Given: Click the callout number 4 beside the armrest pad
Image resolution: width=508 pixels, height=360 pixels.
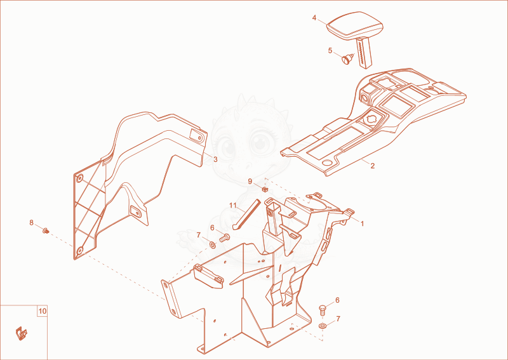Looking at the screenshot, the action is point(314,18).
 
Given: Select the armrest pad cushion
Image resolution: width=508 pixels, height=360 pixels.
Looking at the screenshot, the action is point(354,27).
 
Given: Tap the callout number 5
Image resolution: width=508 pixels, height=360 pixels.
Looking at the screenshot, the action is point(330,51).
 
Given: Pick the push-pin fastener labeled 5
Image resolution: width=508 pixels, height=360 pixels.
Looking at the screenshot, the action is point(347,59).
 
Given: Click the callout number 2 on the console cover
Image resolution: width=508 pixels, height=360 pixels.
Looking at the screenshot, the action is point(373,166).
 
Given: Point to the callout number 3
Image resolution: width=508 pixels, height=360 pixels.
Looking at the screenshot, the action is point(215,159).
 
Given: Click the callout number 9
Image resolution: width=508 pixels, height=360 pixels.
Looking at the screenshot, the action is point(250,182).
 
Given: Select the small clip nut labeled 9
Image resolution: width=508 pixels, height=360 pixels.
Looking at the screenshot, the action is point(265,189).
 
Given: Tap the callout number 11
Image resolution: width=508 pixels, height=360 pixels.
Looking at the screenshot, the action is point(233,206).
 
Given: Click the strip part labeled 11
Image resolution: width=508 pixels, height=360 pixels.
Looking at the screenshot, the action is point(246,214).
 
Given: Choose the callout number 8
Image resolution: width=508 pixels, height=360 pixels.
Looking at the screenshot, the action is point(31,223).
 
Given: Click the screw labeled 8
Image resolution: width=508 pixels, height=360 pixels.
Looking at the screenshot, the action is point(46,230).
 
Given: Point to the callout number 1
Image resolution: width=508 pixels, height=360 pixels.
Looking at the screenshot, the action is point(362,223).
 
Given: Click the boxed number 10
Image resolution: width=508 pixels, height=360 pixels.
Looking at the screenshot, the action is point(43,311).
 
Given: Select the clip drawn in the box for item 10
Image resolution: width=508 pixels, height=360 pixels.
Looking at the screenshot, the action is point(22,333).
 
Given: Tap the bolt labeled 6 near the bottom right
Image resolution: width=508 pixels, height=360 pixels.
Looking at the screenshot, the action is point(323,310).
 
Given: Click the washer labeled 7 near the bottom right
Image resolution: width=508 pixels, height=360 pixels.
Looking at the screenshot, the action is point(323,325).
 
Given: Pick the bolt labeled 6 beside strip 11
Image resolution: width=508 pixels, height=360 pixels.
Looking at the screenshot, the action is point(224,238).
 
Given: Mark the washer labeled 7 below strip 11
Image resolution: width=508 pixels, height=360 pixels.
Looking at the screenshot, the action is point(212,244).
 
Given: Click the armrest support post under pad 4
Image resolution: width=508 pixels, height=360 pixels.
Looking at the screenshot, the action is point(364,53).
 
